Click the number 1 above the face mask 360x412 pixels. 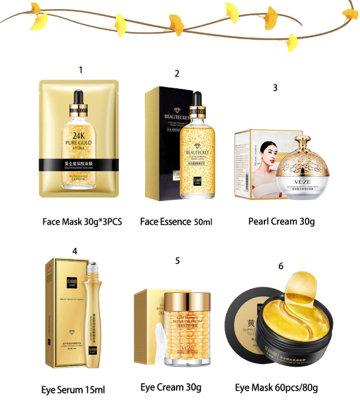pos(81,70)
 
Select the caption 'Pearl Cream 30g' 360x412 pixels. pos(281,221)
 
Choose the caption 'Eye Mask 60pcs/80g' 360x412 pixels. pos(276,388)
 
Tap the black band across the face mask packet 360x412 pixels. pos(78,165)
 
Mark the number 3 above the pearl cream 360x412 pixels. pos(275,88)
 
